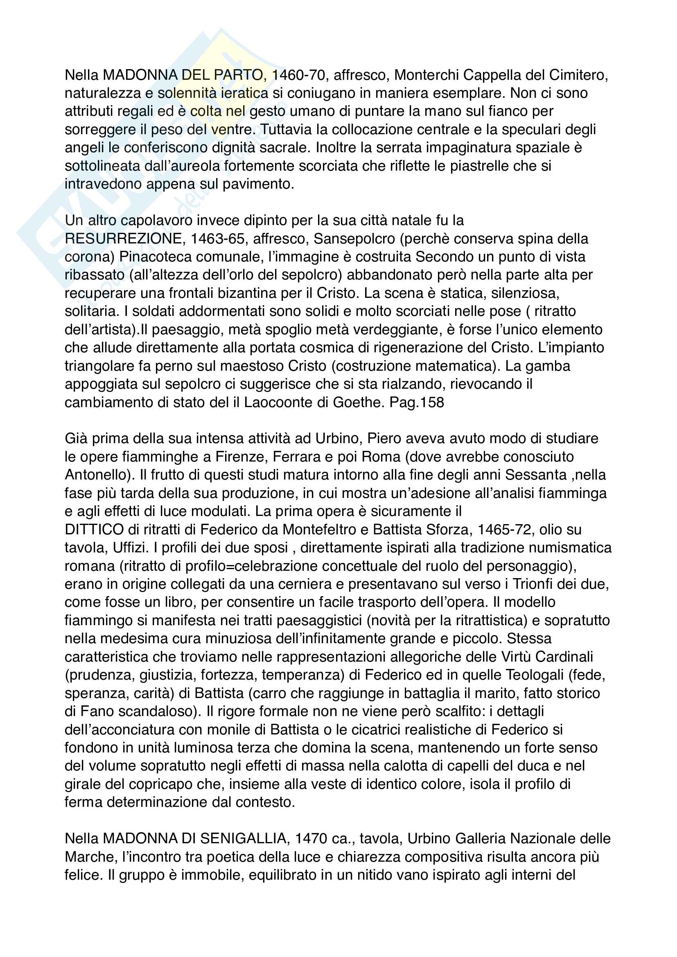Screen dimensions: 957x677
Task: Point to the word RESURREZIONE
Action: (x=123, y=239)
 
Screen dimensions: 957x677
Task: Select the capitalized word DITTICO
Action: (x=94, y=529)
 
